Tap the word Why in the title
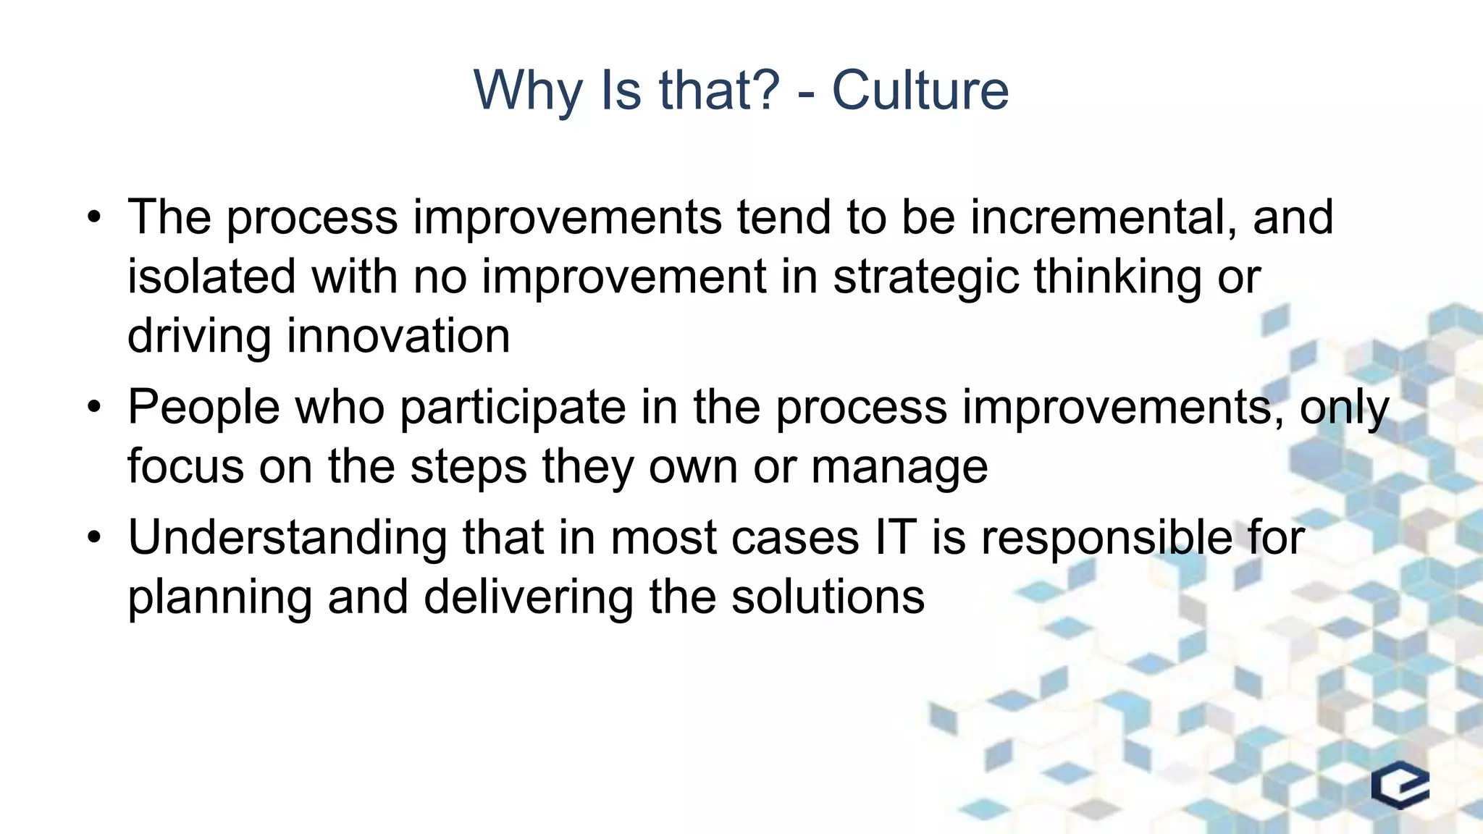527,92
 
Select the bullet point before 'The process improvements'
93,217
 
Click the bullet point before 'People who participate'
93,407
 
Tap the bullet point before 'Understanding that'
93,538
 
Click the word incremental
1103,216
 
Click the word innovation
398,336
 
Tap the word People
203,408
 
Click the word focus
185,466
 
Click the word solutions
828,597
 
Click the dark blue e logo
1400,785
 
